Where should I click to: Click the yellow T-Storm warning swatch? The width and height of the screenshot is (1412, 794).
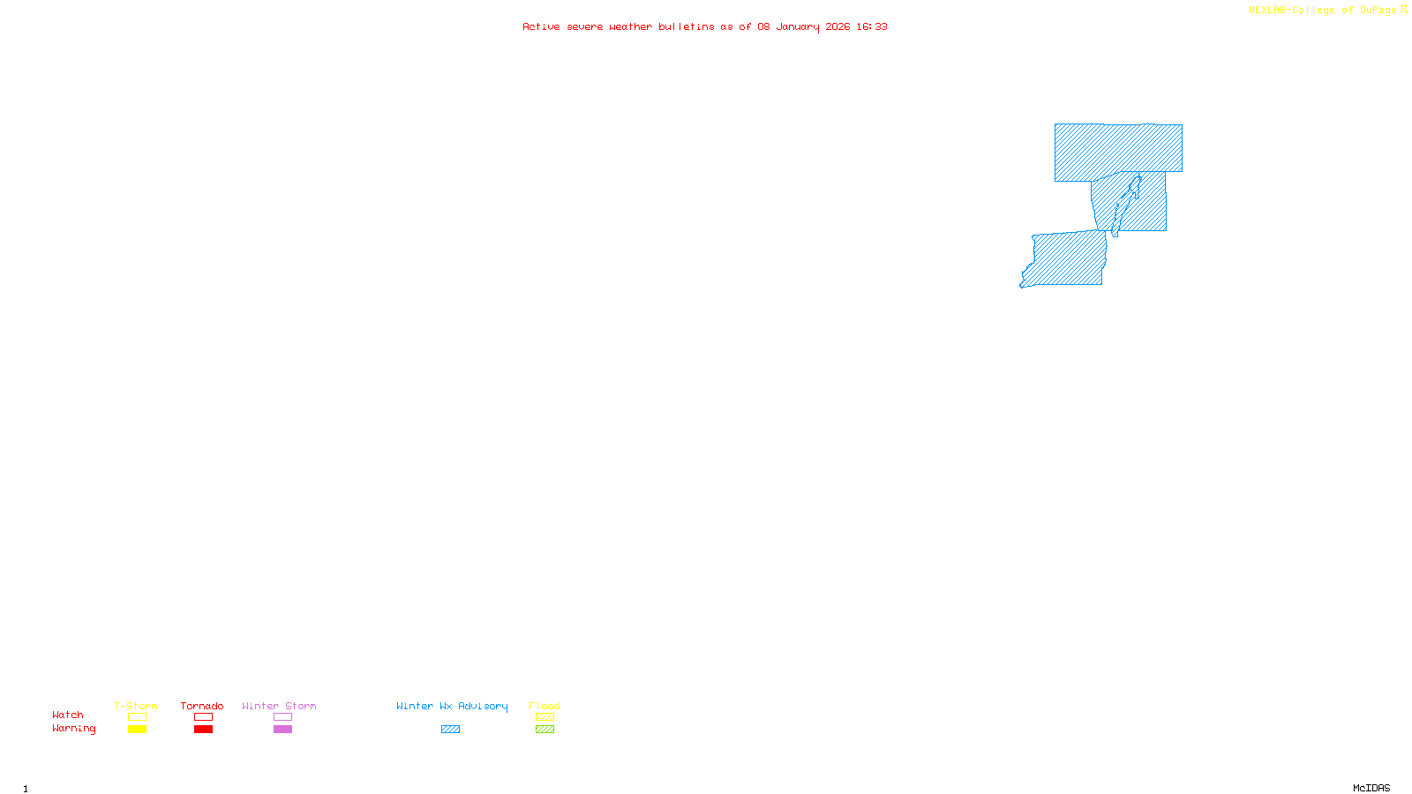tap(137, 730)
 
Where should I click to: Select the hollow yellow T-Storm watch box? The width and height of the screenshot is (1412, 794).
tap(137, 717)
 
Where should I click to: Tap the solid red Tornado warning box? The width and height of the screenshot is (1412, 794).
tap(203, 730)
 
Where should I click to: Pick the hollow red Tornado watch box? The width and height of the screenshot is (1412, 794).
tap(203, 717)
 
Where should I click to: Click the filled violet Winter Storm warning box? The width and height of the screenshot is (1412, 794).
tap(282, 730)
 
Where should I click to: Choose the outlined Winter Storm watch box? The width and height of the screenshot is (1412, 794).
tap(282, 717)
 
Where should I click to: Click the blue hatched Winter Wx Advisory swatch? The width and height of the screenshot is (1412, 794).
tap(450, 730)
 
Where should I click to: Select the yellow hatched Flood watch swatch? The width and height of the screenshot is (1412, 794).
tap(545, 717)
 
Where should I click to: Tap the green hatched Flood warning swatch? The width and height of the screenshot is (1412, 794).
tap(545, 730)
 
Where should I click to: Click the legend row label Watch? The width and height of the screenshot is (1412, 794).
tap(68, 715)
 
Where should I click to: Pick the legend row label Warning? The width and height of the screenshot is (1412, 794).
tap(73, 729)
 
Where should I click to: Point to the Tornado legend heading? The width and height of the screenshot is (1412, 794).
tap(202, 706)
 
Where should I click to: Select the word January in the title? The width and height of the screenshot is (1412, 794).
tap(797, 27)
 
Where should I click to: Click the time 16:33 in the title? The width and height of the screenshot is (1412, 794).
tap(871, 27)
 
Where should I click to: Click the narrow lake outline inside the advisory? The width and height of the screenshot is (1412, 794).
tap(1125, 203)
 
